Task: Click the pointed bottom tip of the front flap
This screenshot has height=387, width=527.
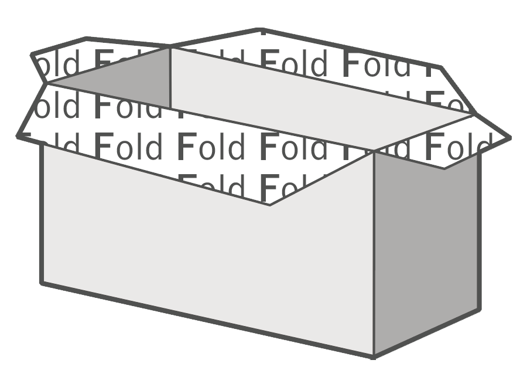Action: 270,205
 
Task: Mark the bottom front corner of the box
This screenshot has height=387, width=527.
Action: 374,355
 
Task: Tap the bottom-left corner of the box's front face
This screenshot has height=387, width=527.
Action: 42,283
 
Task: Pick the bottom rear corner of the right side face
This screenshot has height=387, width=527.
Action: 478,309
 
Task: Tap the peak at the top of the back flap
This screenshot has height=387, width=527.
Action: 260,28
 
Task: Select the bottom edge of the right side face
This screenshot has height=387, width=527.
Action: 426,332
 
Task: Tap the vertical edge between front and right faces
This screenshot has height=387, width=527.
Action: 374,252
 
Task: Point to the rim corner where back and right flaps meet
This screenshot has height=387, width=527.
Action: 473,114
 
